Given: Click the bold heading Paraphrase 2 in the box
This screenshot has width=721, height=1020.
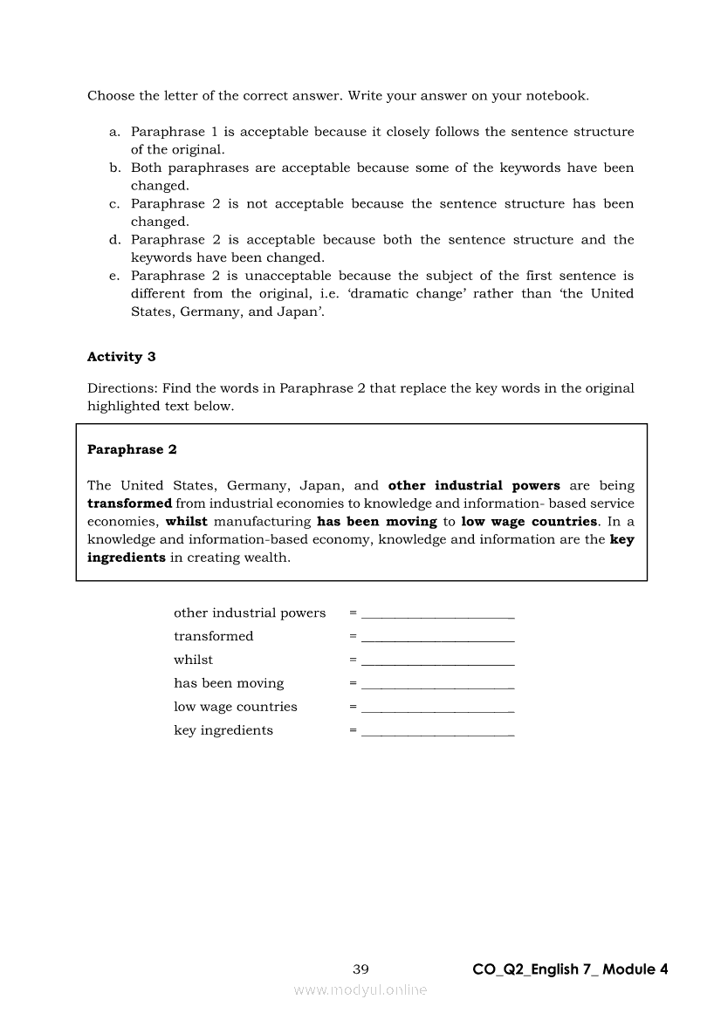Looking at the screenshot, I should coord(132,449).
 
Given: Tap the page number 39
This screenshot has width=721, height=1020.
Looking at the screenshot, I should coord(360,969).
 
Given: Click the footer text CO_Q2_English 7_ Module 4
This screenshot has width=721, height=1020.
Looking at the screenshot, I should coord(570,969).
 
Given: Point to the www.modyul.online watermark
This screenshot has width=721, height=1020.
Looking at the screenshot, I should coord(360,989).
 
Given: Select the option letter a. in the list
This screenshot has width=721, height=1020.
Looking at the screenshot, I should coord(114,132).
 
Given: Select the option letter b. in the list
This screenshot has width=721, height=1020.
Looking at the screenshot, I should coord(114,168).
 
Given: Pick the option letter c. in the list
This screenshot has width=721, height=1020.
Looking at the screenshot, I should coord(114,203).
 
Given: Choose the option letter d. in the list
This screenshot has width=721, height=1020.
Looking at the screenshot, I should coord(114,239).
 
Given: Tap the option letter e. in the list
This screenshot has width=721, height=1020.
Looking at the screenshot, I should coord(114,275).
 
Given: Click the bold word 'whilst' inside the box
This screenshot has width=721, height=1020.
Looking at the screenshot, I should coord(186,522).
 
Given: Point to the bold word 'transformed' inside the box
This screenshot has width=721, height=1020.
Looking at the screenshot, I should coord(129,503).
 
